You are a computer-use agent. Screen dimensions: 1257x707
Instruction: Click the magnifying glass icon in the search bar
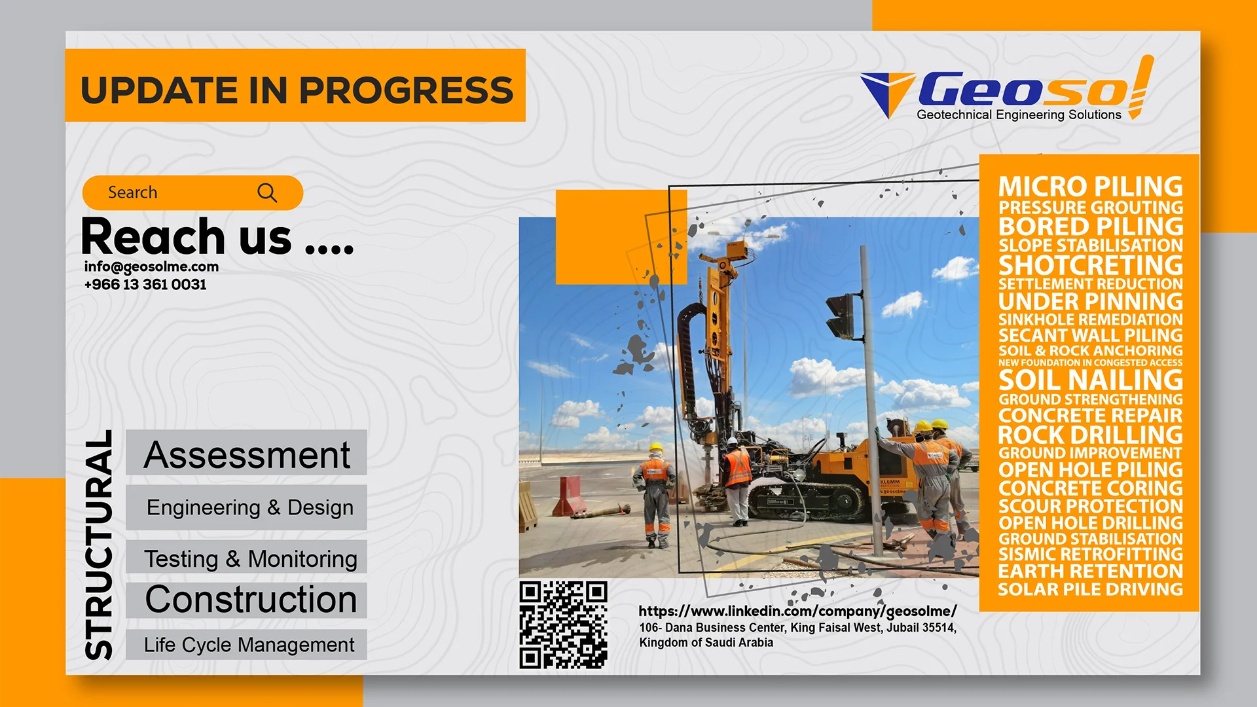(x=267, y=192)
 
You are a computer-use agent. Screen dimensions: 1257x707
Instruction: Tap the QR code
(x=564, y=625)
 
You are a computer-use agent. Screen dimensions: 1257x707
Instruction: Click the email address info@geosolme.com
(x=151, y=266)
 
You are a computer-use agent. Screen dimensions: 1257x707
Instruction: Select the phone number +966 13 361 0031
(x=145, y=284)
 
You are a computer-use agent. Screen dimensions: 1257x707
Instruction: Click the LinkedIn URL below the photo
(x=797, y=611)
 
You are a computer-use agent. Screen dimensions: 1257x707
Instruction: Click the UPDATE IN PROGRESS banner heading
(x=297, y=90)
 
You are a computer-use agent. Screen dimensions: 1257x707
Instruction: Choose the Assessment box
(x=246, y=453)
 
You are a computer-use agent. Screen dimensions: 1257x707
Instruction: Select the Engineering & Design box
(x=246, y=507)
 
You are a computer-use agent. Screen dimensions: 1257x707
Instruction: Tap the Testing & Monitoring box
(x=246, y=557)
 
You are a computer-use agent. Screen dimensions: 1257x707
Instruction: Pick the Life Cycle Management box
(x=246, y=645)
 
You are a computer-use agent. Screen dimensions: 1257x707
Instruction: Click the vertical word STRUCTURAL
(x=99, y=545)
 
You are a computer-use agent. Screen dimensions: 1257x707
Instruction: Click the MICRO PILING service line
(x=1091, y=187)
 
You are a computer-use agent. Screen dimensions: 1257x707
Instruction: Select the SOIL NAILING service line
(x=1091, y=380)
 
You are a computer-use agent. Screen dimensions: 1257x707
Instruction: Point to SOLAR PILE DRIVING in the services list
(x=1091, y=589)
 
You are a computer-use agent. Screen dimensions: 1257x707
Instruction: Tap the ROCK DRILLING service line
(x=1091, y=435)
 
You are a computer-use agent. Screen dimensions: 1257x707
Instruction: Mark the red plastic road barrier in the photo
(x=568, y=496)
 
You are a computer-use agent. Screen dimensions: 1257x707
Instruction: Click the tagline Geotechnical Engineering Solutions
(x=1019, y=115)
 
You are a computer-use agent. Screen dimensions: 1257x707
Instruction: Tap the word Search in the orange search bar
(x=132, y=192)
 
